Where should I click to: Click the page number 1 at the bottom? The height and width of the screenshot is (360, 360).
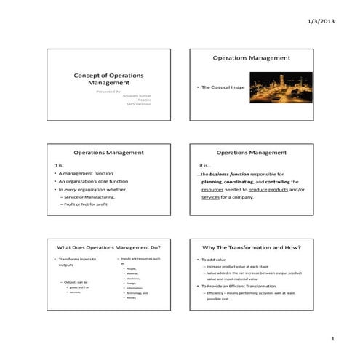coord(332,338)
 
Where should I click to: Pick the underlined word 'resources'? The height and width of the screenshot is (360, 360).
coord(213,189)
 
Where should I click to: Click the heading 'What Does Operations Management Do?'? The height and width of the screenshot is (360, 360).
coord(108,247)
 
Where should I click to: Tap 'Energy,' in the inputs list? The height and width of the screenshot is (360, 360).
coord(131,284)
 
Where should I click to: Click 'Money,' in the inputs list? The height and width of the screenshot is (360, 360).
coord(131,298)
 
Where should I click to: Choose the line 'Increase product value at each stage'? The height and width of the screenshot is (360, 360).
coord(244,267)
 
